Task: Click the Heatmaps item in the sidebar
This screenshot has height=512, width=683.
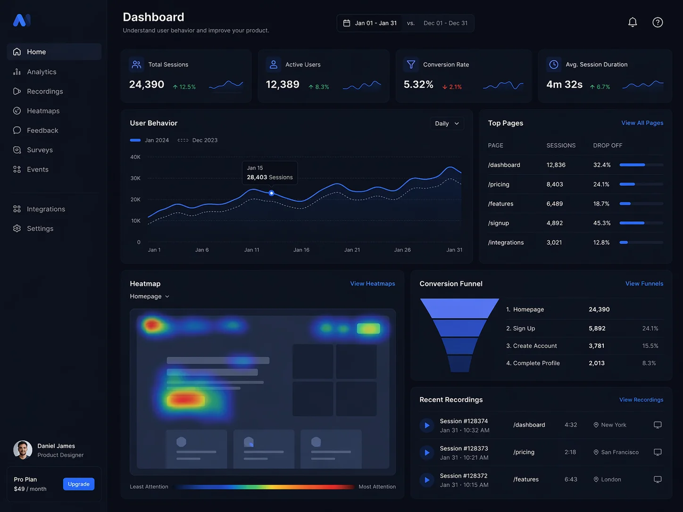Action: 43,111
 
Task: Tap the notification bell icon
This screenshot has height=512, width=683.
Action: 633,22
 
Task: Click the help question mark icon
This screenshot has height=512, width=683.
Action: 658,22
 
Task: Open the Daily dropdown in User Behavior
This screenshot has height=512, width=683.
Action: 447,124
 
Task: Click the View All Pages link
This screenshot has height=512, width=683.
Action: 642,123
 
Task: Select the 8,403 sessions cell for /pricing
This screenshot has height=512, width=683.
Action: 555,184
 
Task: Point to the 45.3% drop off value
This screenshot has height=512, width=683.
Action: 602,223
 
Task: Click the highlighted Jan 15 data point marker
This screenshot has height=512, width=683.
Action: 271,193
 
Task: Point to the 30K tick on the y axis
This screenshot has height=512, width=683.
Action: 135,178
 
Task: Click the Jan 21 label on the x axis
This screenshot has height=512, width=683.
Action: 352,250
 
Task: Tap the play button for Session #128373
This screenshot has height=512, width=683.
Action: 427,453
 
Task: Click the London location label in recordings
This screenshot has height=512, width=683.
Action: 611,479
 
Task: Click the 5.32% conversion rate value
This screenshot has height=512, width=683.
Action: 418,84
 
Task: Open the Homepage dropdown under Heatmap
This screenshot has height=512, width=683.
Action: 150,297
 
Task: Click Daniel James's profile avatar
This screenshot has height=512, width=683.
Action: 23,450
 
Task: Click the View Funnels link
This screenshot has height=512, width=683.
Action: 644,283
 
